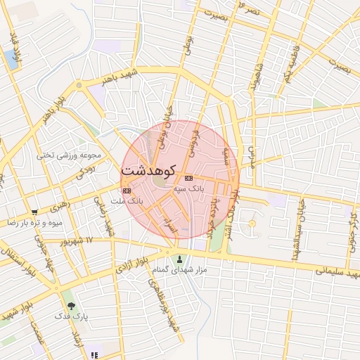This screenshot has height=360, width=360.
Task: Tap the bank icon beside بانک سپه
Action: coord(188,179)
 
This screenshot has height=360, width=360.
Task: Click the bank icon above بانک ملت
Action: coord(127,191)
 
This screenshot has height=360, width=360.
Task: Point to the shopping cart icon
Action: coord(34,211)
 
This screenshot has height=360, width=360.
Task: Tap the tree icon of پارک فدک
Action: coord(71,306)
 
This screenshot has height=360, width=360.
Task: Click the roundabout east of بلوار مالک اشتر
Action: coord(252,224)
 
